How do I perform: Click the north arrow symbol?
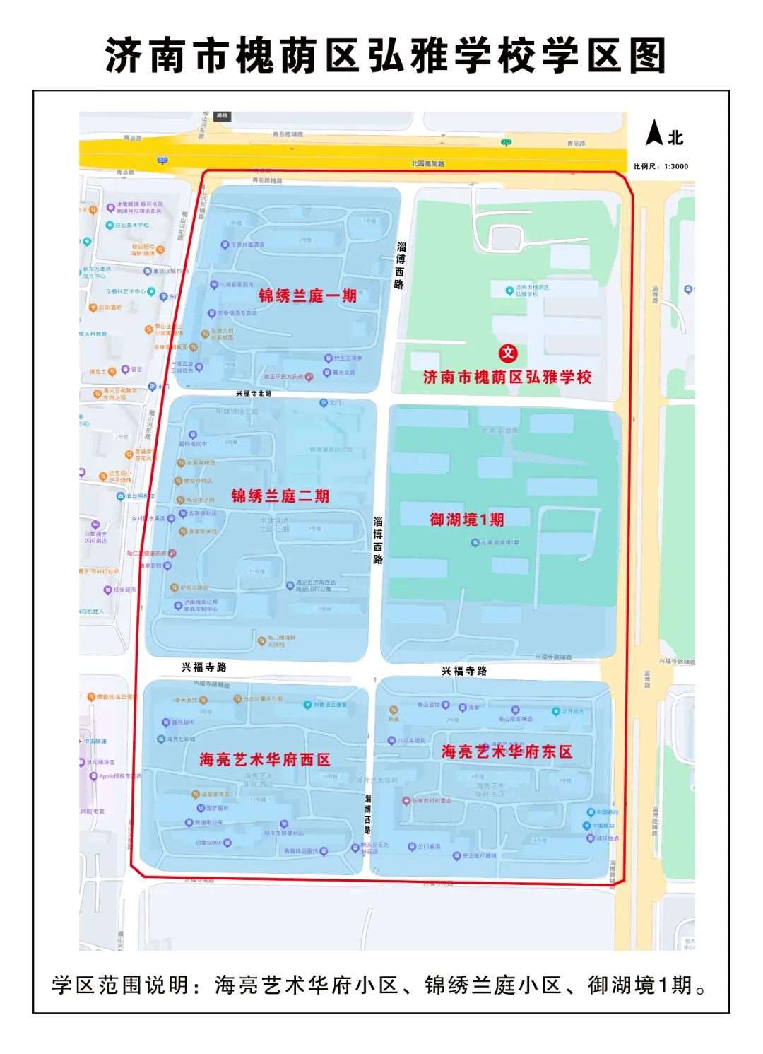(x=655, y=133)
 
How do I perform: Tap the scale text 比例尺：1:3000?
(x=661, y=167)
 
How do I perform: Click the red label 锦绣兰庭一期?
(x=307, y=295)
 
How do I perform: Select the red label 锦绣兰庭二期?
(x=280, y=496)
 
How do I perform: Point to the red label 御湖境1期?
(x=467, y=520)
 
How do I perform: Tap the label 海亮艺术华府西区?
(x=265, y=760)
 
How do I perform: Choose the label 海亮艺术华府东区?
(x=507, y=751)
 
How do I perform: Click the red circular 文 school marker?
(x=508, y=353)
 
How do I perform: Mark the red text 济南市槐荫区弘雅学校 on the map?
(x=507, y=377)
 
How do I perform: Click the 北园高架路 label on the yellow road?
(x=428, y=164)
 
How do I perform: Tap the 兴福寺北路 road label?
(x=254, y=393)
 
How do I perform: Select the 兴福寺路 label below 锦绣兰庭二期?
(x=204, y=667)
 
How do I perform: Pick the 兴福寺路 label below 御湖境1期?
(x=464, y=671)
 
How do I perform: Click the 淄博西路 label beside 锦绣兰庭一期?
(x=401, y=265)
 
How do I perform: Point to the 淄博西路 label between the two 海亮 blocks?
(x=368, y=814)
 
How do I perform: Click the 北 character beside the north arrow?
(x=676, y=138)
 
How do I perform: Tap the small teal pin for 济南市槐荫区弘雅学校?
(x=509, y=291)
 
